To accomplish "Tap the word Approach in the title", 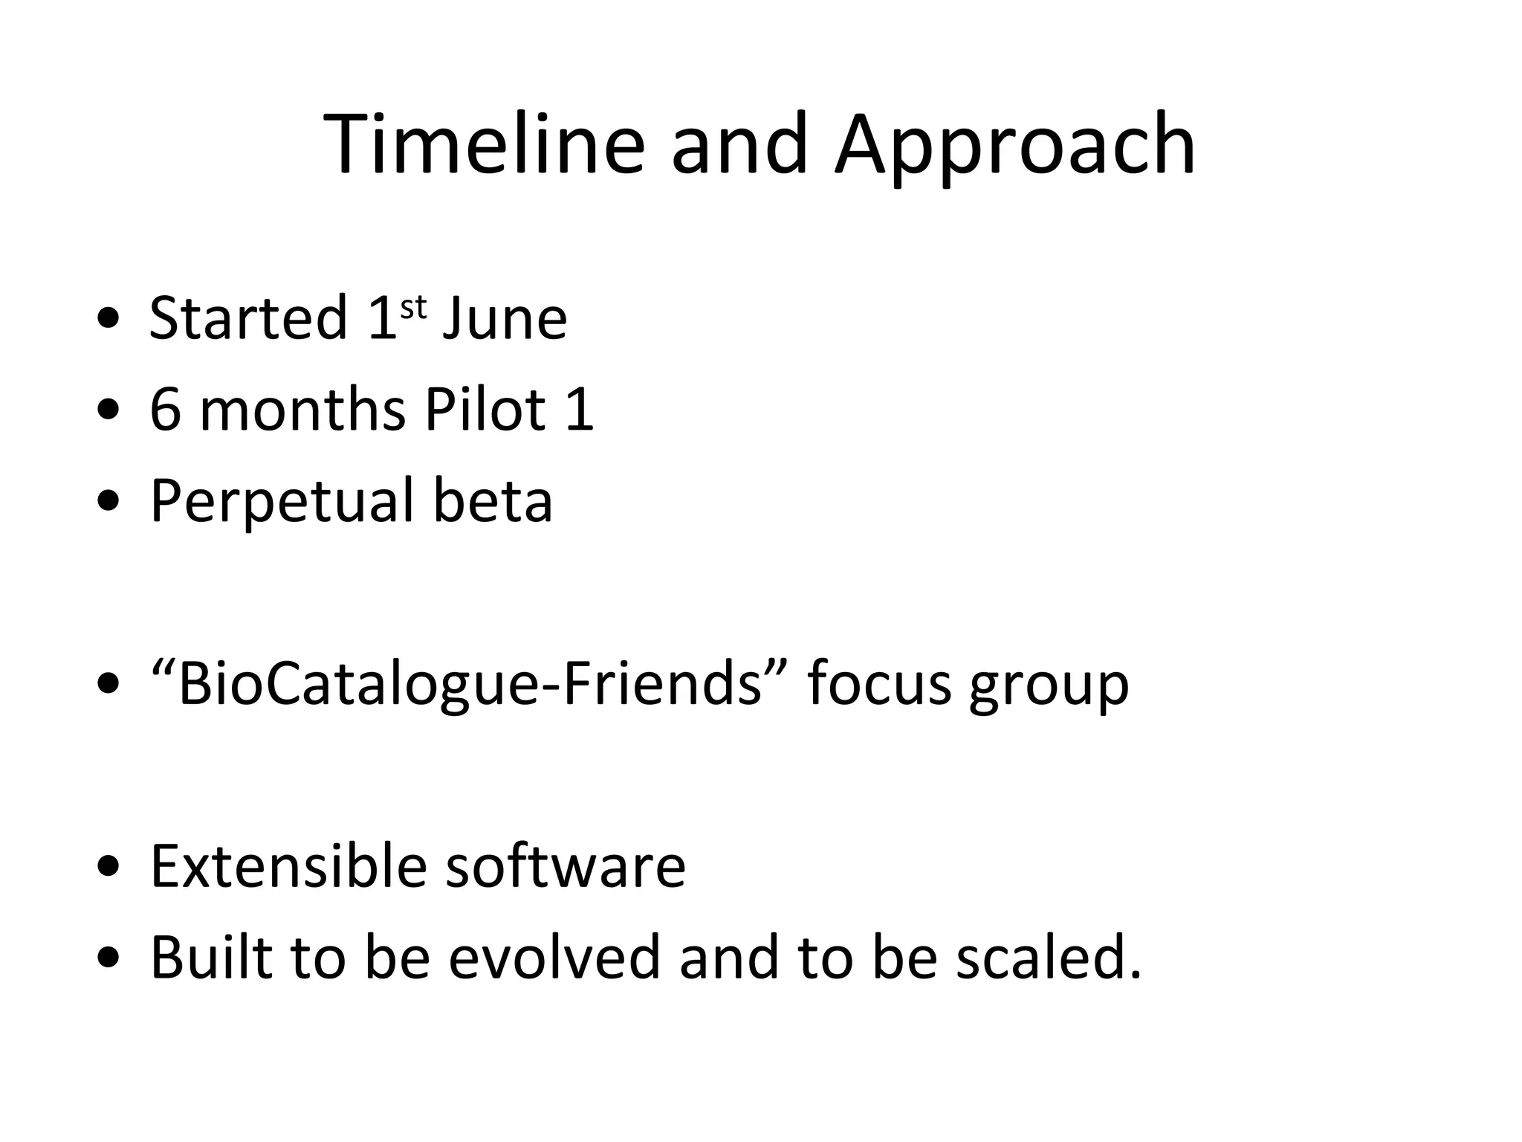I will pos(1014,147).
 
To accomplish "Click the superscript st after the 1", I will pos(413,306).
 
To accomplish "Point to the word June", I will pos(505,318).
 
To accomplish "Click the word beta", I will pos(493,500).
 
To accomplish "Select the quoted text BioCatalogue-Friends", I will pos(470,683).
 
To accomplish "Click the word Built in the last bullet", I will pos(210,957).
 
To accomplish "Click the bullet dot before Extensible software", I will pos(109,868).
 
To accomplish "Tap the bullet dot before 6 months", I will pos(109,411).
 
